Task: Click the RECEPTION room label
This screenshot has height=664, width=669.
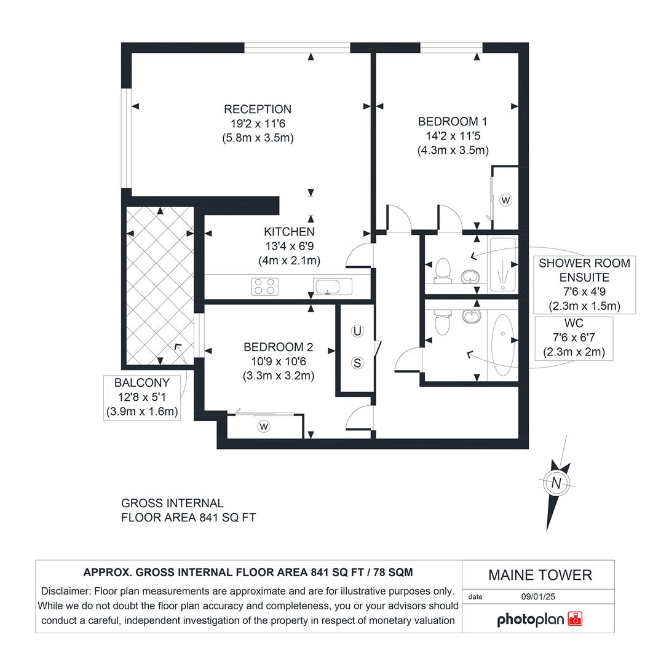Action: pos(258,109)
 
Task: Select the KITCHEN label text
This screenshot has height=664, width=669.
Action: pos(289,232)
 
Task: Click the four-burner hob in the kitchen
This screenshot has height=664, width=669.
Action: pos(265,286)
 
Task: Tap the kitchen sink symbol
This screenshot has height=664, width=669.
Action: pos(333,286)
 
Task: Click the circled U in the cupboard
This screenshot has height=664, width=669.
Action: pos(357,331)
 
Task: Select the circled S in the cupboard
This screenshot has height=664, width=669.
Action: pos(357,363)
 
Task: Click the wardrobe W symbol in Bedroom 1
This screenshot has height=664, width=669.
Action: pos(506,200)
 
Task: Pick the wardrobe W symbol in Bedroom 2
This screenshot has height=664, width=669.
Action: pos(264,426)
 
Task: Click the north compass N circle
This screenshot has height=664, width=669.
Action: pos(556,483)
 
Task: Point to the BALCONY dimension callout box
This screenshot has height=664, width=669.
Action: pos(142,398)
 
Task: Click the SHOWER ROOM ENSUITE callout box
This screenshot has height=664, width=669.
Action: pos(584,284)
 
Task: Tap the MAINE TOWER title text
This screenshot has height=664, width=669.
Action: pos(540,575)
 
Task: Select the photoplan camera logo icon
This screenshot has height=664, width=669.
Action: pos(576,619)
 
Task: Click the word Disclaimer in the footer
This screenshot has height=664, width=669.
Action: pos(65,591)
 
